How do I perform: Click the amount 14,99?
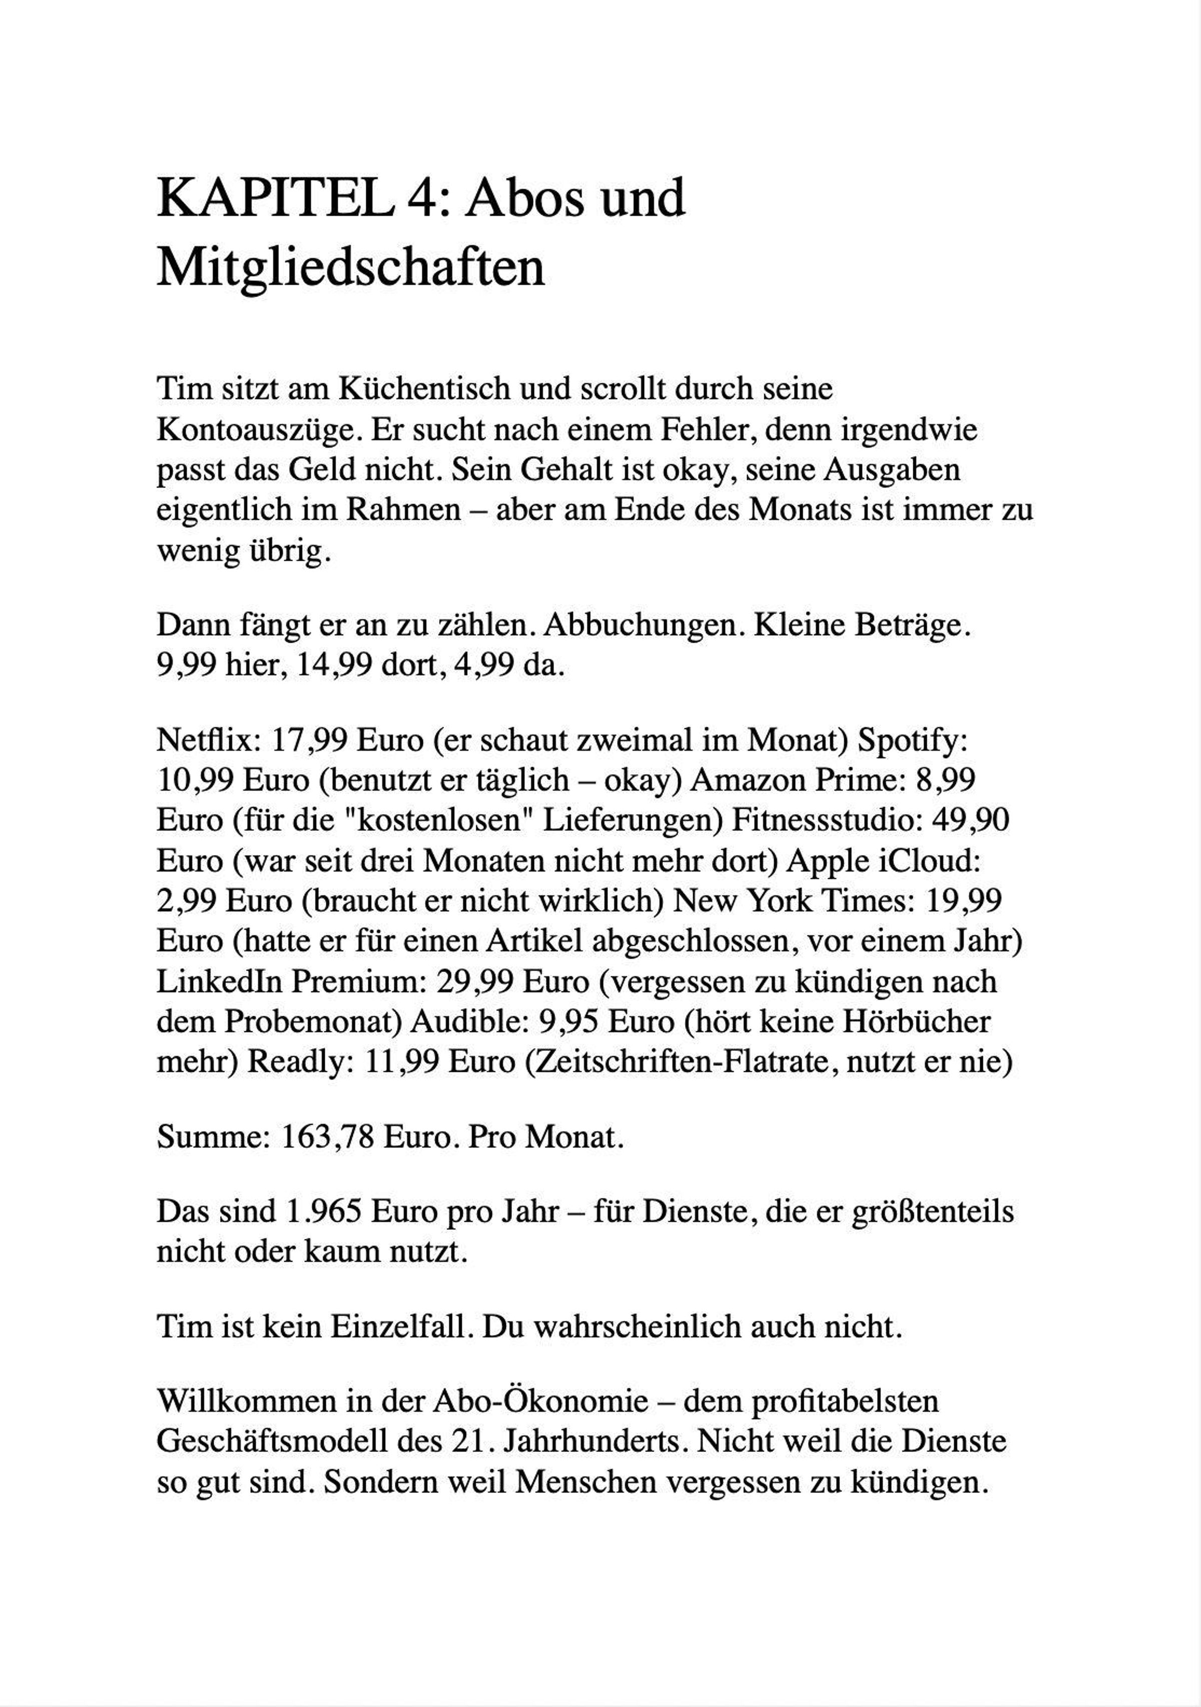(x=334, y=665)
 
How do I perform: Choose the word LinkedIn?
(x=219, y=981)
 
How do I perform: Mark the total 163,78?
(x=327, y=1137)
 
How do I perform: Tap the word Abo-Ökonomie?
(x=540, y=1403)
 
